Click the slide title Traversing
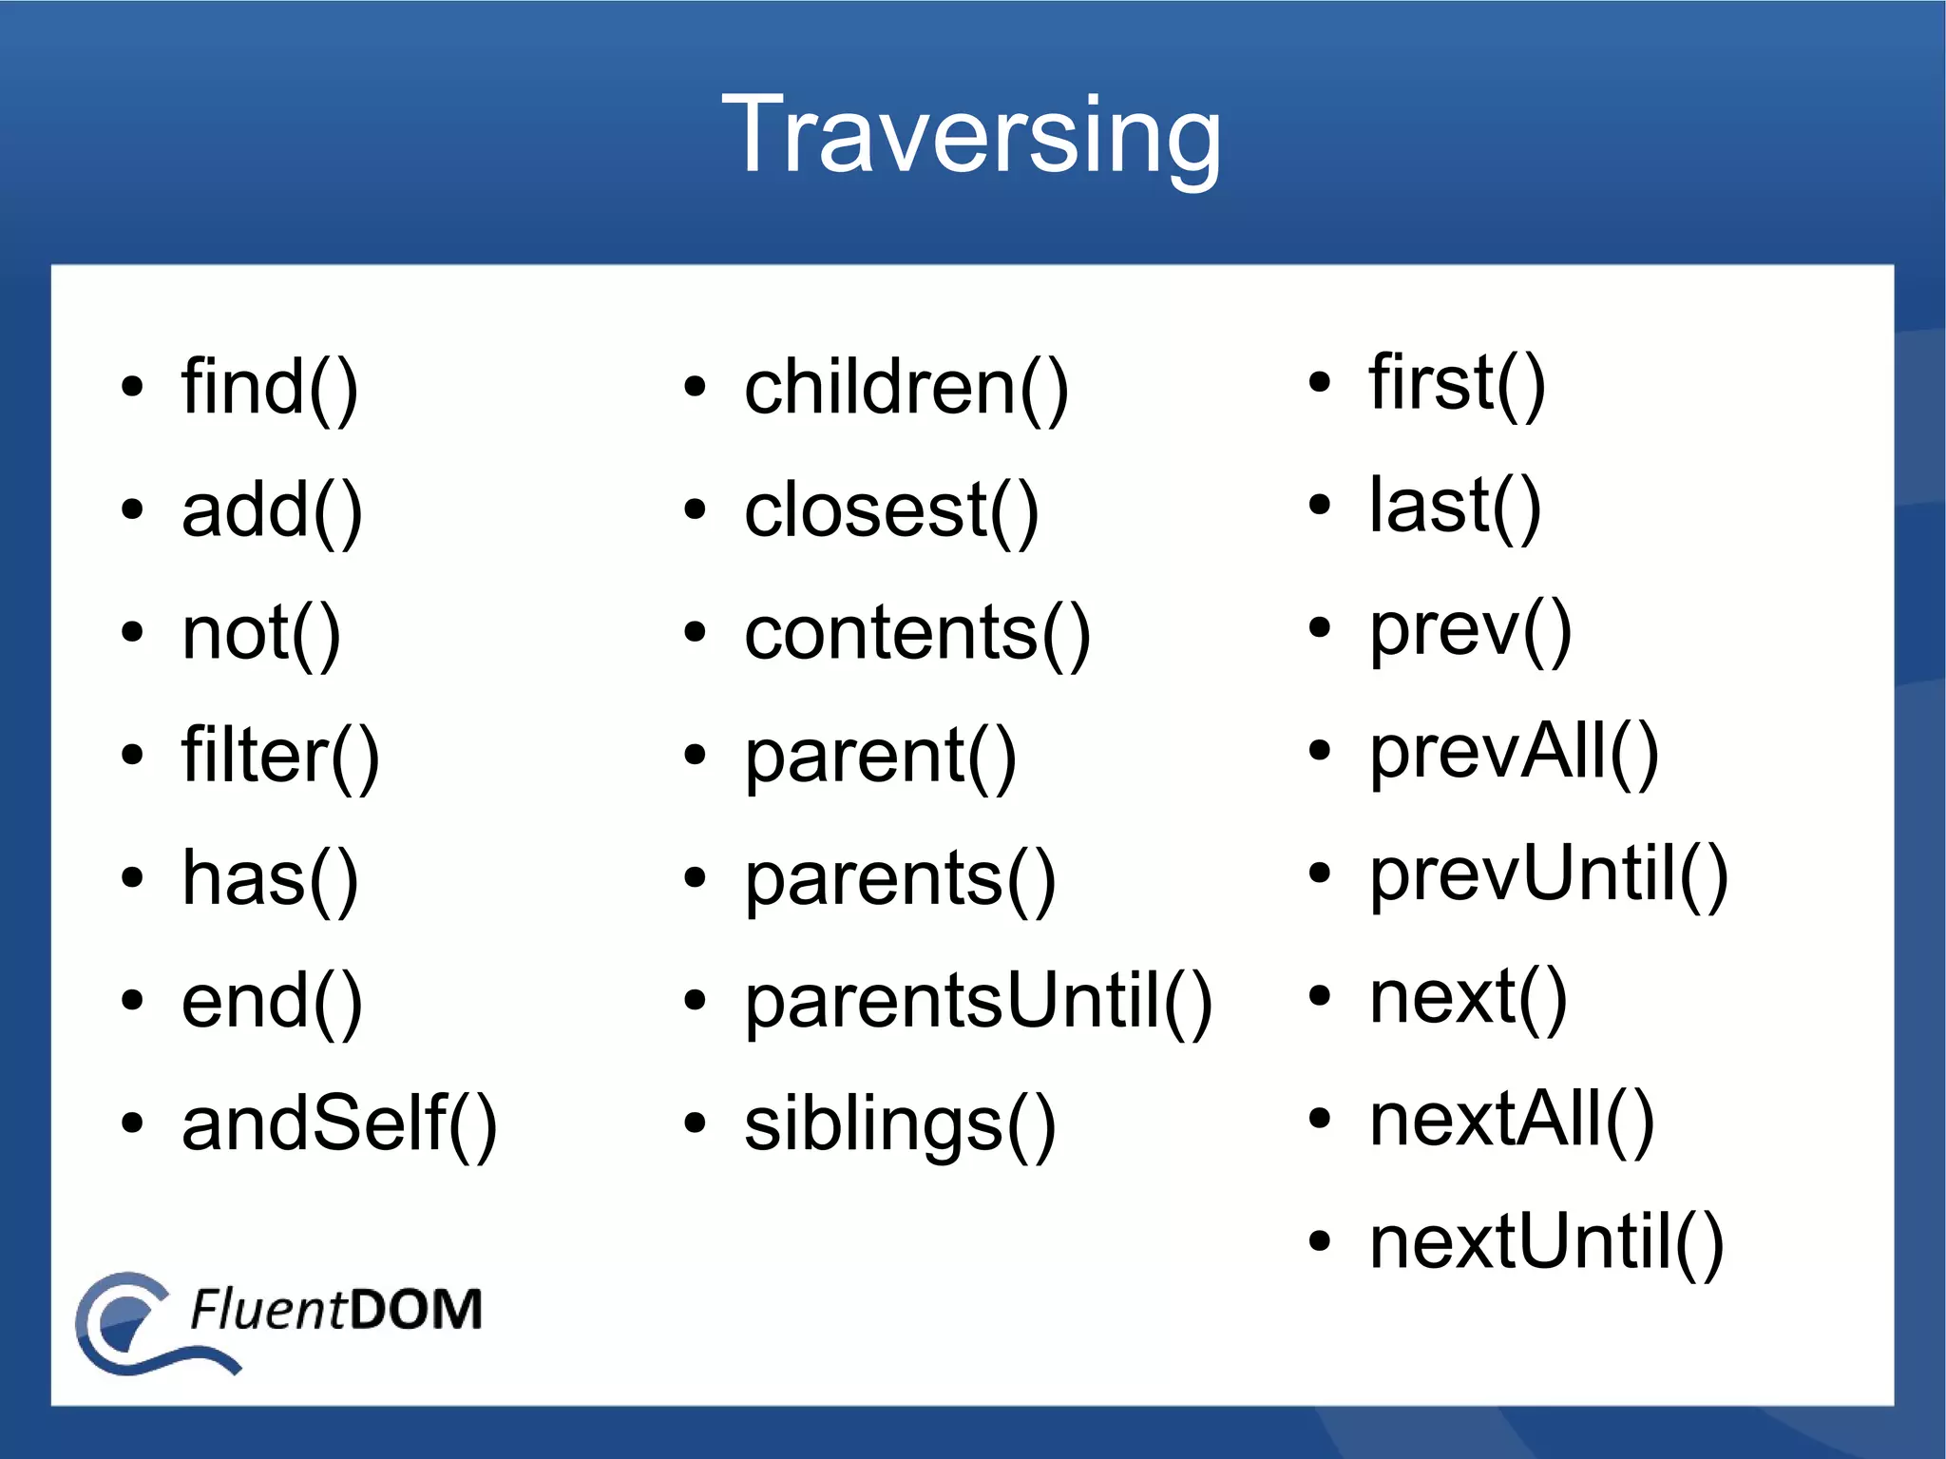(x=971, y=135)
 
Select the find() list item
(x=270, y=388)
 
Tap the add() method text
(x=272, y=510)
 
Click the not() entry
(x=260, y=633)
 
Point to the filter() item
(x=280, y=756)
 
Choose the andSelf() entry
(x=339, y=1124)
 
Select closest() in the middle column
(x=891, y=510)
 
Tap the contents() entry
(x=917, y=633)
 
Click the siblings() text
(x=899, y=1124)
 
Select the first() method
(x=1457, y=382)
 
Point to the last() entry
(x=1454, y=506)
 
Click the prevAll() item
(x=1514, y=752)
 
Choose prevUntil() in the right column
(x=1548, y=874)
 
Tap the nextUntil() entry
(x=1546, y=1242)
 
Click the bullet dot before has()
(x=132, y=877)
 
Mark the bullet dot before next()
(x=1319, y=996)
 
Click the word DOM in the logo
(x=415, y=1309)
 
